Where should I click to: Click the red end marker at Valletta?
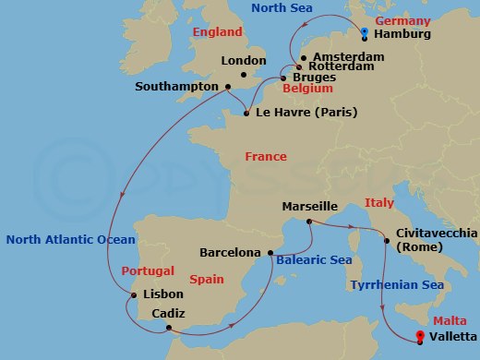click(420, 336)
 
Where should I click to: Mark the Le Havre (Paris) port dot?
click(246, 114)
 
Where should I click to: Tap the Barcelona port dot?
click(270, 252)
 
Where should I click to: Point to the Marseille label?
click(312, 207)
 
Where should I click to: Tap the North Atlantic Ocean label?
click(70, 239)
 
